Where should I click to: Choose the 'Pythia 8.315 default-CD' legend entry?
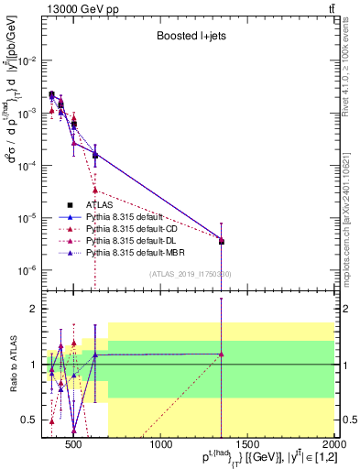(135, 228)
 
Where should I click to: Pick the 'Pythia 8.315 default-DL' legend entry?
(135, 239)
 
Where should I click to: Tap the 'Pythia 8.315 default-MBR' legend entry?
(136, 251)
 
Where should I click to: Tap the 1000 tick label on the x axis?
(161, 445)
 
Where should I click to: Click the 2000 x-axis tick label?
(333, 445)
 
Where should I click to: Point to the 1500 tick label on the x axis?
(247, 445)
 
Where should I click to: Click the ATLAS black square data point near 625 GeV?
(95, 155)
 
